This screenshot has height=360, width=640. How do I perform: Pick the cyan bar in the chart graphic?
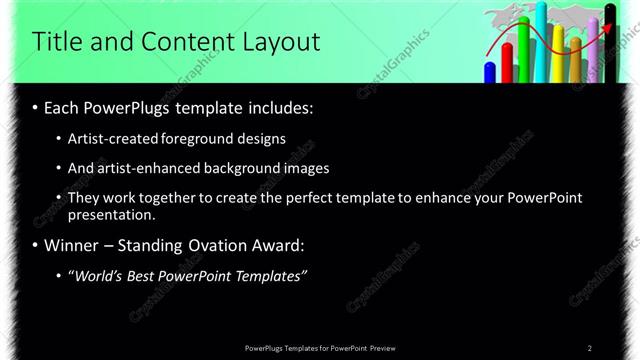click(540, 45)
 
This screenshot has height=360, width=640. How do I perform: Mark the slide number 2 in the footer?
click(590, 347)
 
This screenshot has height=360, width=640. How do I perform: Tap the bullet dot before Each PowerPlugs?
click(37, 107)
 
